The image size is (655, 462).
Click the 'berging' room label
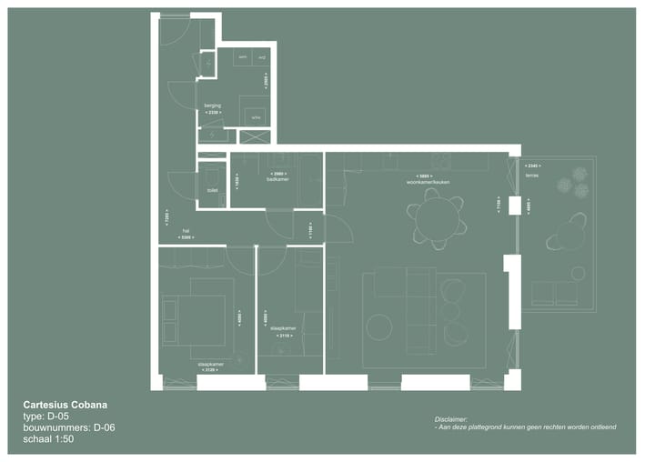click(x=212, y=105)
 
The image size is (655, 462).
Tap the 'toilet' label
click(x=212, y=190)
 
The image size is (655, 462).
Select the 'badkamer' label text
click(x=277, y=179)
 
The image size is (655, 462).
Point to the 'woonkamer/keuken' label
click(x=428, y=183)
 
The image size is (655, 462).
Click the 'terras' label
click(x=532, y=176)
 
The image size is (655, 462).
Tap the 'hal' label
click(x=186, y=231)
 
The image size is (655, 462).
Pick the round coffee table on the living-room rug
click(x=379, y=326)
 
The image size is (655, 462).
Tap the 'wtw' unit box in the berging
click(x=257, y=117)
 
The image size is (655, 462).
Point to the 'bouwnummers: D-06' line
click(x=69, y=427)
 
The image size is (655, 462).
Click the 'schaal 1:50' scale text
click(x=48, y=439)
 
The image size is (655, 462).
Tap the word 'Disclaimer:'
click(x=451, y=419)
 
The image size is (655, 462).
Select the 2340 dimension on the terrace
click(x=533, y=166)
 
